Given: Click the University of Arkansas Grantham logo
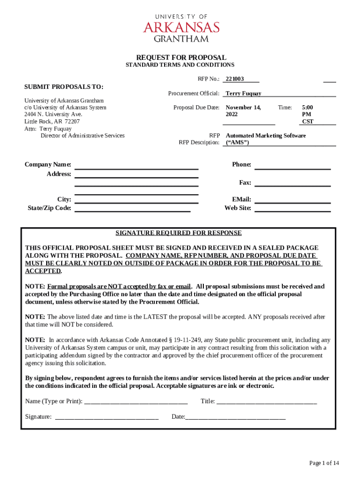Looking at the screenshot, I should click(181, 27).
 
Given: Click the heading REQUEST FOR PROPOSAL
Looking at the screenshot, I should click(181, 57).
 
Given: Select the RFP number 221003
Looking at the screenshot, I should click(235, 80).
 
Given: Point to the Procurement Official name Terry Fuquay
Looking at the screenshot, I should click(243, 94).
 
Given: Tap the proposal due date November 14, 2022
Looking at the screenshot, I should click(243, 111).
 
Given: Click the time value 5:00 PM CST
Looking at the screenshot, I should click(308, 114).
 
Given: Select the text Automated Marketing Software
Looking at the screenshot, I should click(266, 136).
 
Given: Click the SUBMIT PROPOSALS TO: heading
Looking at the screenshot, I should click(64, 87).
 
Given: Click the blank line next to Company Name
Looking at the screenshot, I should click(137, 166).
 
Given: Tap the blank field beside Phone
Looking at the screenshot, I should click(292, 166).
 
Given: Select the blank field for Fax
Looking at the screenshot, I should click(292, 183).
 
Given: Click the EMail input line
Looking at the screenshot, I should click(292, 200).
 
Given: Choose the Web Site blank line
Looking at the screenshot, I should click(292, 209).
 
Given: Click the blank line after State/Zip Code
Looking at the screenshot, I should click(133, 209).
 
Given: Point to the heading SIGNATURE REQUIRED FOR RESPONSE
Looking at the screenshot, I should click(179, 233).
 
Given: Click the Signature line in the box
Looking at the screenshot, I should click(107, 417).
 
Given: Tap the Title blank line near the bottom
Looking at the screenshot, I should click(266, 401).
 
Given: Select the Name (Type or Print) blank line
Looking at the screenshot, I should click(136, 401).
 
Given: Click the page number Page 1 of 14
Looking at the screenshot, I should click(324, 463).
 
